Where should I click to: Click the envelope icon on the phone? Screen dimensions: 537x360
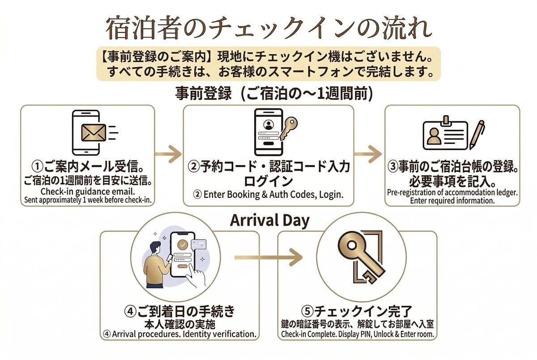(94, 133)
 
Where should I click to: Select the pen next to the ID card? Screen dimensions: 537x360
(477, 134)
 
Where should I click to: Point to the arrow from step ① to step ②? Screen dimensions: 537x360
(168, 154)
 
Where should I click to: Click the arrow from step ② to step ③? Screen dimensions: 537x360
(368, 154)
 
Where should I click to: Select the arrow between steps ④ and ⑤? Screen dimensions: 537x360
(268, 257)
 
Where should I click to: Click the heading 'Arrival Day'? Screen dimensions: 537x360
(270, 220)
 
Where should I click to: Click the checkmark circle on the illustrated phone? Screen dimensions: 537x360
(183, 244)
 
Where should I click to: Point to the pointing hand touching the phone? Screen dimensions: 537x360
(196, 276)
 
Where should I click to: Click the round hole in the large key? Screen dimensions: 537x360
(352, 245)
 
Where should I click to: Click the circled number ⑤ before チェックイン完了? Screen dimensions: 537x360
(307, 311)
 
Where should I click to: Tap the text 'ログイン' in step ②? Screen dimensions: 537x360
(268, 181)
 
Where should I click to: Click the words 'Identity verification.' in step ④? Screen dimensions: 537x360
(220, 334)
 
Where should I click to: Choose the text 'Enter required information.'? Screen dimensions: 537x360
(452, 201)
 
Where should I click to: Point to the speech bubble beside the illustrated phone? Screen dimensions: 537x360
(198, 244)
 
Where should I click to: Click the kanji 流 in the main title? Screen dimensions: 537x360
(399, 28)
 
